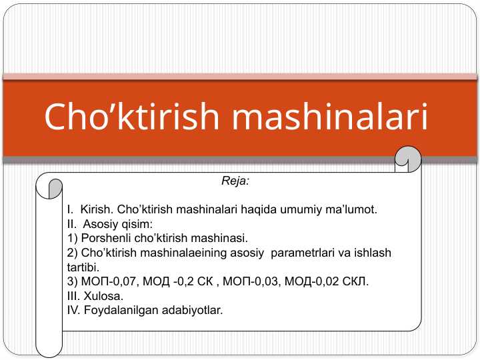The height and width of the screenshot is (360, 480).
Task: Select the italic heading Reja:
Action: [x=235, y=180]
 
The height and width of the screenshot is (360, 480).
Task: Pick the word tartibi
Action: [x=82, y=267]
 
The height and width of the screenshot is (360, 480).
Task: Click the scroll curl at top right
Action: [x=407, y=158]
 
